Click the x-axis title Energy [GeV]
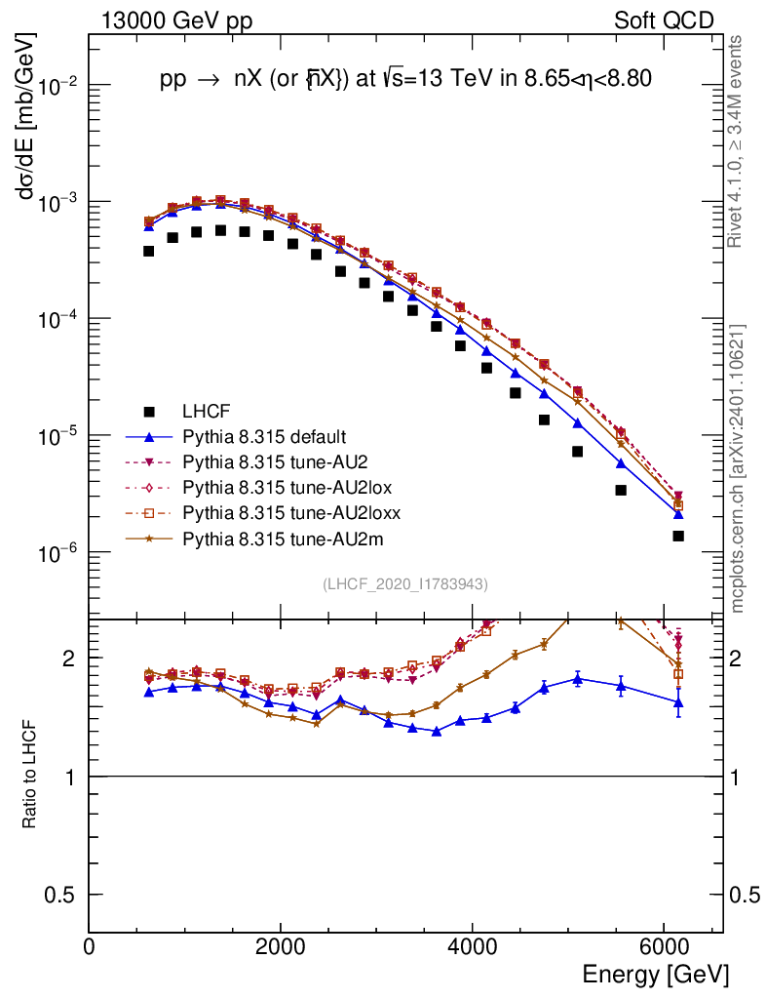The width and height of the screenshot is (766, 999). pos(655,974)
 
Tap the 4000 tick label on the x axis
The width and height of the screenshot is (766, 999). pos(472,947)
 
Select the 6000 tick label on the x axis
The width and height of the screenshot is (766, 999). pos(663,947)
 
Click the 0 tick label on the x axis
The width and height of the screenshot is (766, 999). pos(90,947)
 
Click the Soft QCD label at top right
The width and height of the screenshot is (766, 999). pos(664,20)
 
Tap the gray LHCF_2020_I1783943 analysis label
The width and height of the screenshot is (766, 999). pos(405,583)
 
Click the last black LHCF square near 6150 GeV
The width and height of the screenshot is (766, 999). pos(677,536)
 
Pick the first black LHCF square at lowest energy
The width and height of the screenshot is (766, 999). pos(149,251)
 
